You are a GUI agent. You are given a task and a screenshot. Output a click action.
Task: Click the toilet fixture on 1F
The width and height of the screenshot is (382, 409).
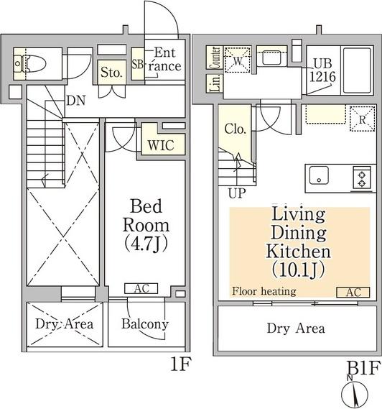click(x=30, y=64)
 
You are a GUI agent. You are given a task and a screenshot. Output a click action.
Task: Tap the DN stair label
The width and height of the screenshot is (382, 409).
click(x=76, y=101)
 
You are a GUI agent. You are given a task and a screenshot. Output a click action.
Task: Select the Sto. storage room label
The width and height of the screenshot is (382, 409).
click(x=111, y=73)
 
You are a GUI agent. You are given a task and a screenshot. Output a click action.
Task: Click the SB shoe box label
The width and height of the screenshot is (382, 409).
click(x=137, y=64)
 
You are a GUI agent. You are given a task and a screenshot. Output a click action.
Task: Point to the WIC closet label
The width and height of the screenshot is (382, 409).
click(x=161, y=145)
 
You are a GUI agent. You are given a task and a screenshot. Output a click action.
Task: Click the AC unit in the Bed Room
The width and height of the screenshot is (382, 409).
click(x=141, y=288)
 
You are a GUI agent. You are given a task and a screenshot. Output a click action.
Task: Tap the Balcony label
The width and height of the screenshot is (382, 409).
click(x=145, y=324)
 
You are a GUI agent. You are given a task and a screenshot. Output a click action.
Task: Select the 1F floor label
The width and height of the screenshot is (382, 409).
click(x=181, y=364)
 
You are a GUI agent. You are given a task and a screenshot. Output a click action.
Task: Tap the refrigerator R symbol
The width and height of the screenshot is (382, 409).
click(x=362, y=119)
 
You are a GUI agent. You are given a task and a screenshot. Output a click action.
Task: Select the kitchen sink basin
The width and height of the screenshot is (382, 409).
click(x=319, y=175)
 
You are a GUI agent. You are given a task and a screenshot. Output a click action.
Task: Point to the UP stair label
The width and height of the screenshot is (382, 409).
click(x=237, y=194)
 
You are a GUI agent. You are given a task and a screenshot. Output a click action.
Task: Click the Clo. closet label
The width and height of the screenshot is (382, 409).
click(x=236, y=129)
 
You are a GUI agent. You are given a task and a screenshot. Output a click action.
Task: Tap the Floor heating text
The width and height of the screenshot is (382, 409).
click(x=264, y=291)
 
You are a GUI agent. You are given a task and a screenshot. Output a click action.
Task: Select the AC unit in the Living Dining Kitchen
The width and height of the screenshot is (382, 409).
click(x=353, y=292)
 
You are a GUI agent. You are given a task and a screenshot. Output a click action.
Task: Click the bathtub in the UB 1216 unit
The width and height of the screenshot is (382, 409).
click(x=357, y=70)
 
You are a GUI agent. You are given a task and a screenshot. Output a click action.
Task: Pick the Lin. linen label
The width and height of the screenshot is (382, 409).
click(x=215, y=83)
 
